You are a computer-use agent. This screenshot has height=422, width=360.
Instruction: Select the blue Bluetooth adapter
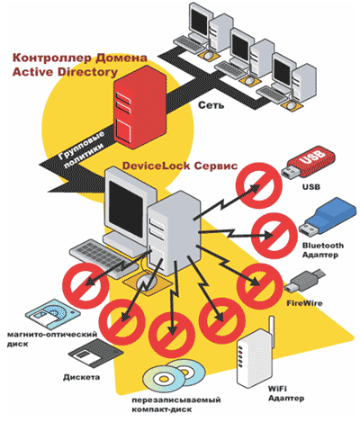click(328, 219)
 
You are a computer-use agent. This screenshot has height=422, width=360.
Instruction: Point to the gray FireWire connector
click(304, 281)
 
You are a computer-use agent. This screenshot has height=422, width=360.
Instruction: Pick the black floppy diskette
click(95, 354)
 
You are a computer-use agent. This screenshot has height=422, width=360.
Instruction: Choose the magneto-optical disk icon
click(53, 314)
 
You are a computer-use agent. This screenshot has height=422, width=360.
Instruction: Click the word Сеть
click(211, 105)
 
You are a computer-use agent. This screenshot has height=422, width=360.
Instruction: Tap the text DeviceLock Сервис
click(180, 166)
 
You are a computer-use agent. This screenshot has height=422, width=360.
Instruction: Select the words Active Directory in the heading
click(65, 72)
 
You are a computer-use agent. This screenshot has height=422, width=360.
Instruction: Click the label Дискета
click(81, 377)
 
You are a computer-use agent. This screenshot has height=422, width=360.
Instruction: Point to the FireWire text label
click(304, 303)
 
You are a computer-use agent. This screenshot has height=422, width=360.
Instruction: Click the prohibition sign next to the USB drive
click(259, 185)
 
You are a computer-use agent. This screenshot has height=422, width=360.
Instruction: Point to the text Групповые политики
click(81, 149)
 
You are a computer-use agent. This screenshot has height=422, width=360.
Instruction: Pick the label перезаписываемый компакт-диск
click(176, 405)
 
